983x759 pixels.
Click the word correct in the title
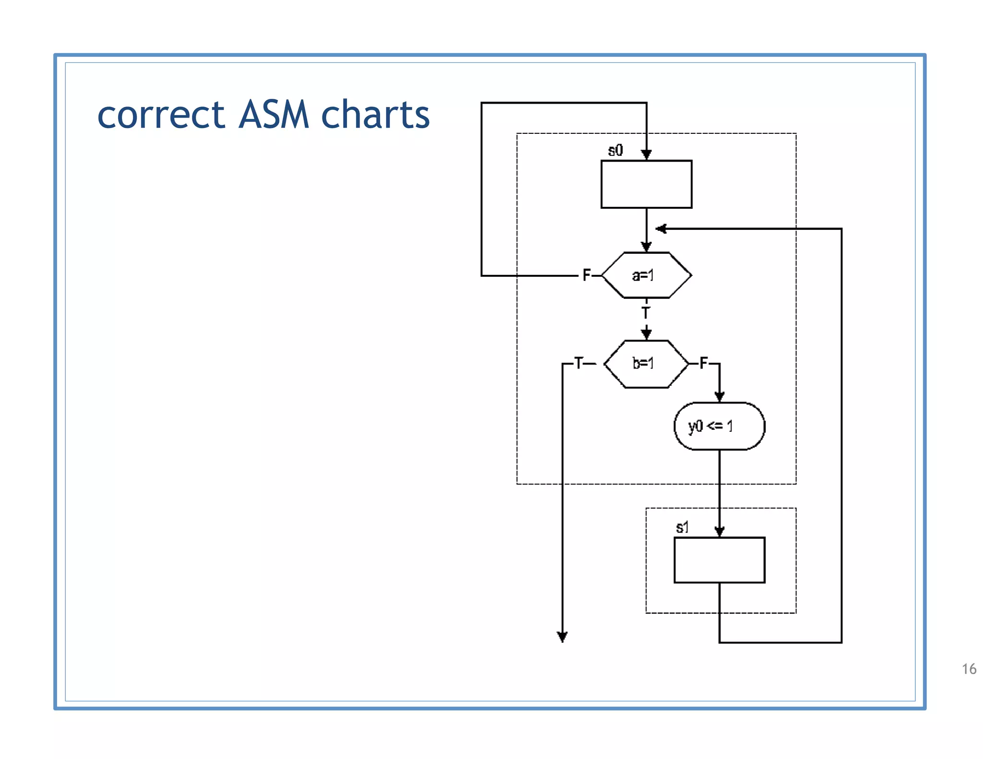(161, 116)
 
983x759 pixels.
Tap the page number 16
(969, 669)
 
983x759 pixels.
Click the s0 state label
(615, 150)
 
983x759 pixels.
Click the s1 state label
(682, 528)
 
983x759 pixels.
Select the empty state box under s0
(646, 184)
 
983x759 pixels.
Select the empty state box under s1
(719, 560)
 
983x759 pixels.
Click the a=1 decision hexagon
(646, 275)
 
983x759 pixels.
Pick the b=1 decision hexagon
(646, 364)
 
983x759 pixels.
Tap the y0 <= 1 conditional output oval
(719, 426)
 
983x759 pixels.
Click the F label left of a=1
(586, 275)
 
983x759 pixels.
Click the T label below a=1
(646, 313)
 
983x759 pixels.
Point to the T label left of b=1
(579, 363)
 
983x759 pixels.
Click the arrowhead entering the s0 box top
(646, 154)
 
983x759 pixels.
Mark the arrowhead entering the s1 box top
(719, 531)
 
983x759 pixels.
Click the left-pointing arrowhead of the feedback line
(661, 229)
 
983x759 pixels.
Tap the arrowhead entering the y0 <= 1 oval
(719, 396)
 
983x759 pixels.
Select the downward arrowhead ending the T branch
(562, 637)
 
